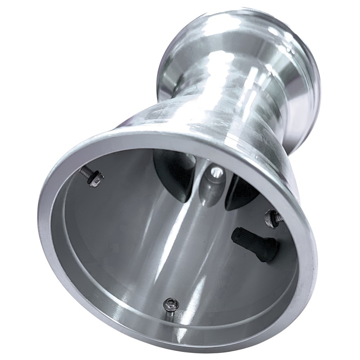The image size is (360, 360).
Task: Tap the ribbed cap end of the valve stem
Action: (238, 235)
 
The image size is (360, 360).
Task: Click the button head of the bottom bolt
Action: (170, 303)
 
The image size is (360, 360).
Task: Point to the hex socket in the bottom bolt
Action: (170, 302)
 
